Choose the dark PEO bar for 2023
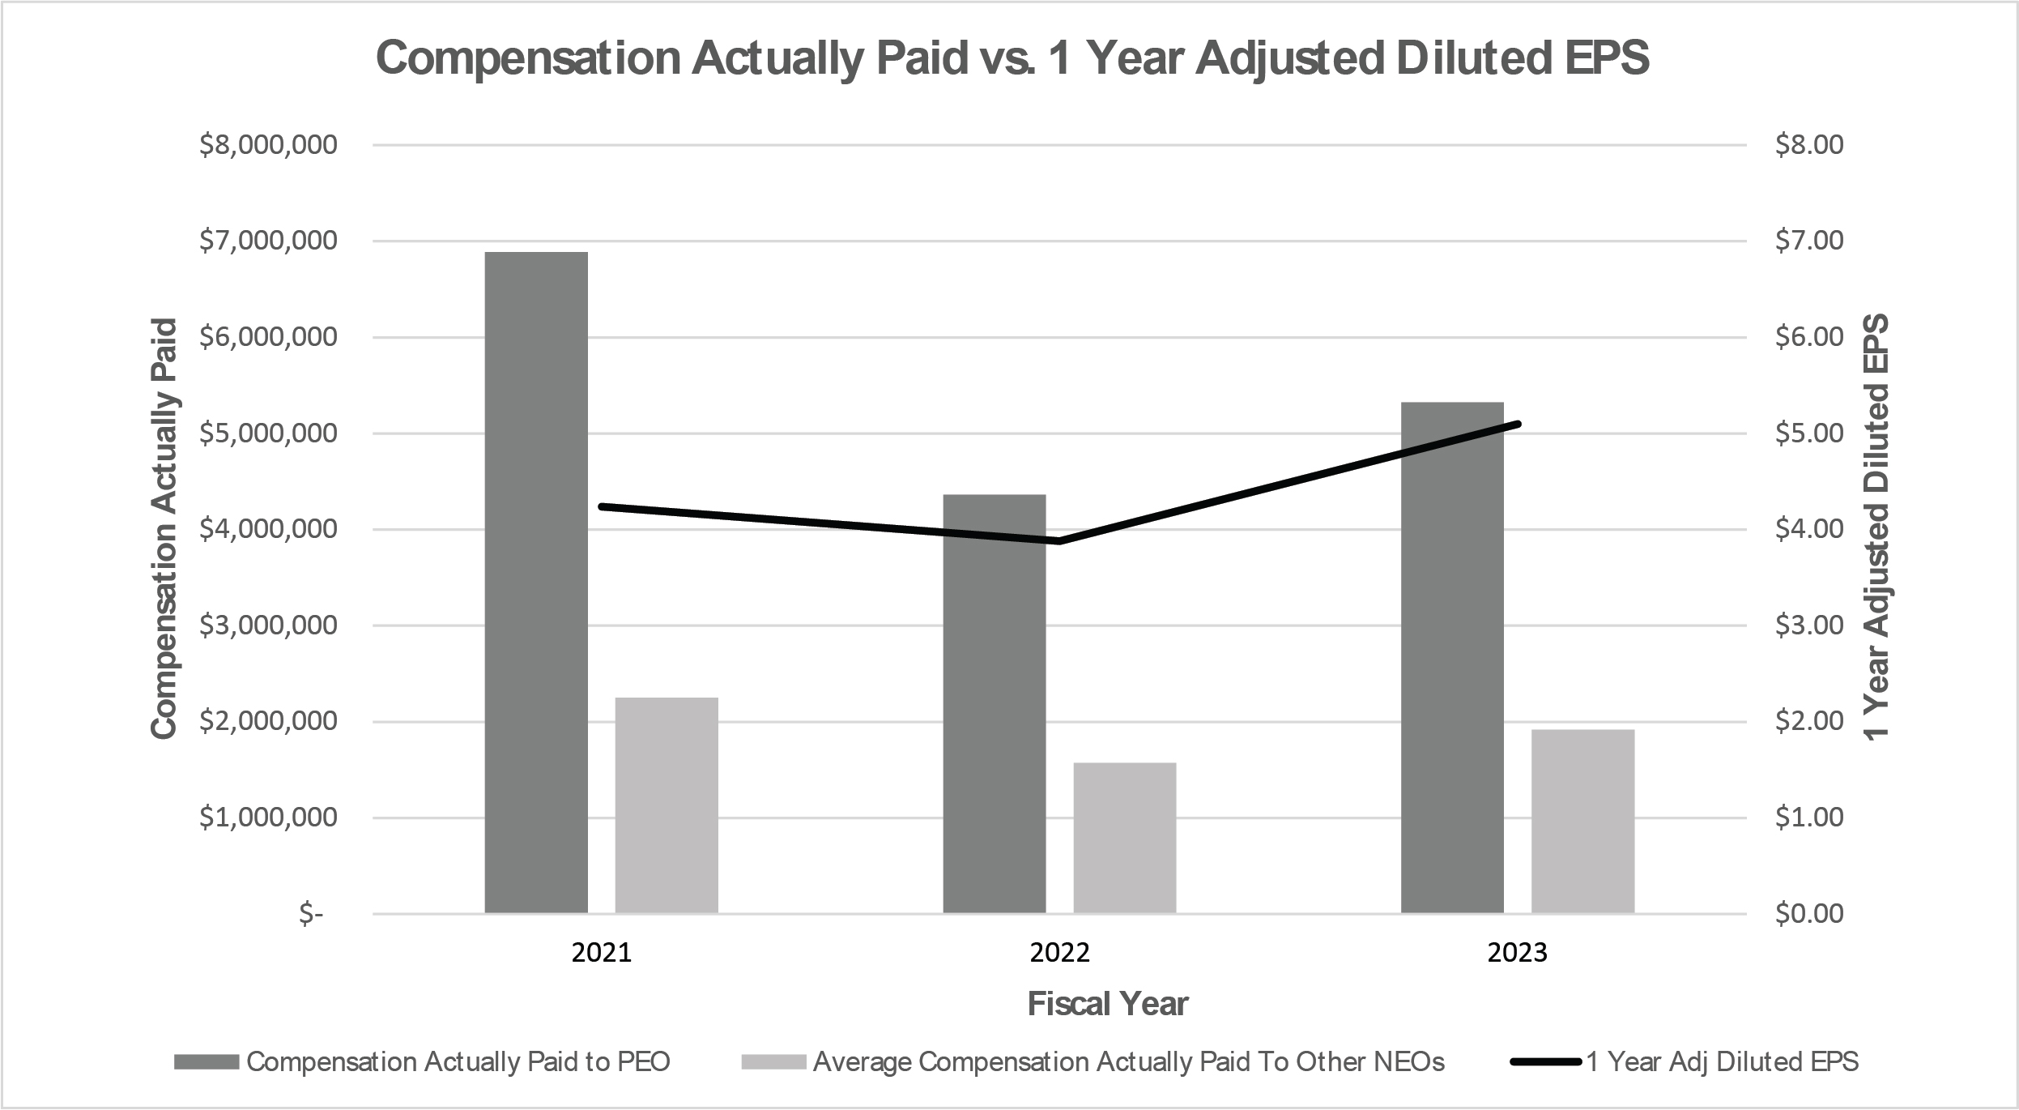point(1452,657)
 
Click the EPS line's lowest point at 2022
point(1059,541)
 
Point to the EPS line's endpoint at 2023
point(1518,424)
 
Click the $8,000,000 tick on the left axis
point(268,145)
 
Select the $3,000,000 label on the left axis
point(268,625)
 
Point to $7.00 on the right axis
point(1809,241)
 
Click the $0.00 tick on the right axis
point(1809,914)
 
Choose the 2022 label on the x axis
point(1059,953)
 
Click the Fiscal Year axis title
point(1108,1005)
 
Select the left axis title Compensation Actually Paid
point(164,529)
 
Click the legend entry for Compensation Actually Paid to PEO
point(458,1062)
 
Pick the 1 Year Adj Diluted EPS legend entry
point(1722,1062)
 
